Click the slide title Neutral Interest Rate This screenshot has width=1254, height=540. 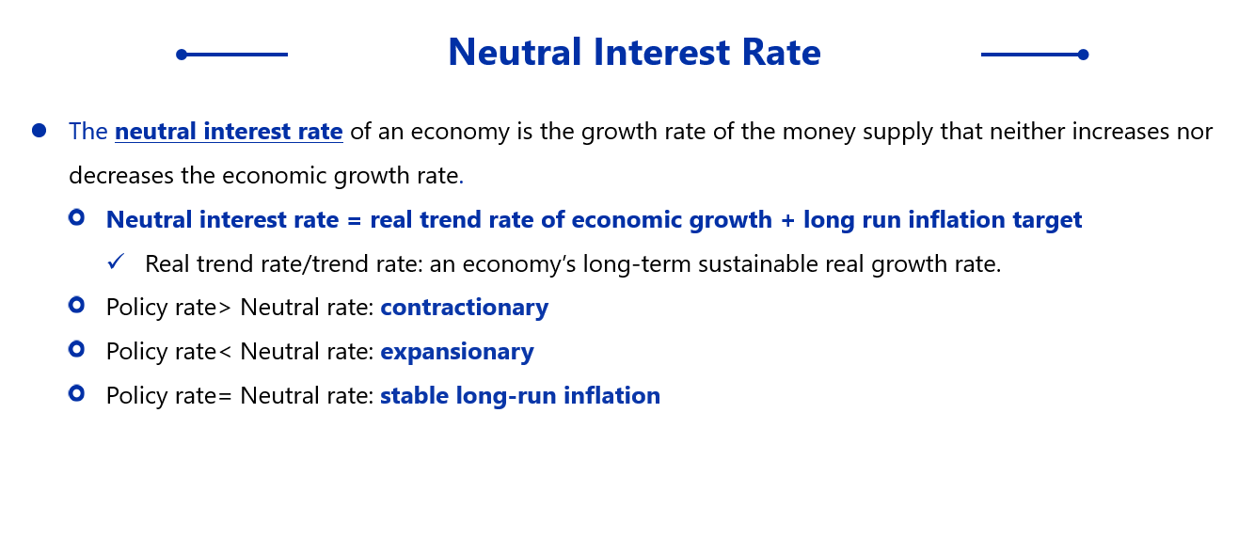(x=634, y=52)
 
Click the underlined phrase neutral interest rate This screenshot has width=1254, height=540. (x=229, y=132)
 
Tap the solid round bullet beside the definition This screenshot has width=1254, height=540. (x=40, y=131)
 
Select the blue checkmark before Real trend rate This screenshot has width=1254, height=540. (x=116, y=262)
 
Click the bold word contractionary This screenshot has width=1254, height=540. (x=465, y=308)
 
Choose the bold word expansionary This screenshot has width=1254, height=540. (x=457, y=352)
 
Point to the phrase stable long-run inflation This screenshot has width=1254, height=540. (x=520, y=396)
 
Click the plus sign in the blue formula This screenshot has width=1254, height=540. (x=787, y=220)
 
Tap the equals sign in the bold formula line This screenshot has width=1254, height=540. (x=354, y=220)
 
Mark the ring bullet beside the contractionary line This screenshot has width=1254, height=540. (x=77, y=305)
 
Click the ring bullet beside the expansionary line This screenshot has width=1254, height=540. (x=77, y=349)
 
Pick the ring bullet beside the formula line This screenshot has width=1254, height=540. (x=77, y=217)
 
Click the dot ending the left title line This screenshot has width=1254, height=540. (x=182, y=55)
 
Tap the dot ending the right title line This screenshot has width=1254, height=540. (x=1083, y=55)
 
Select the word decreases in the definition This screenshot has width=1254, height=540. (x=121, y=176)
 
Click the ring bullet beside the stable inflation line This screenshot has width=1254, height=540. (x=77, y=393)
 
